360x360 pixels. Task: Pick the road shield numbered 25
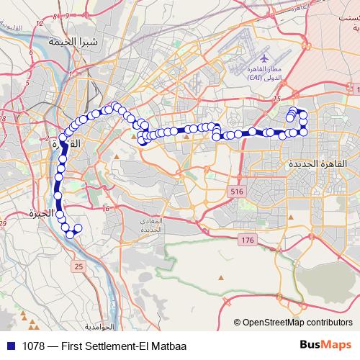coord(78,267)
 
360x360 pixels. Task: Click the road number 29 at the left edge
coord(4,225)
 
